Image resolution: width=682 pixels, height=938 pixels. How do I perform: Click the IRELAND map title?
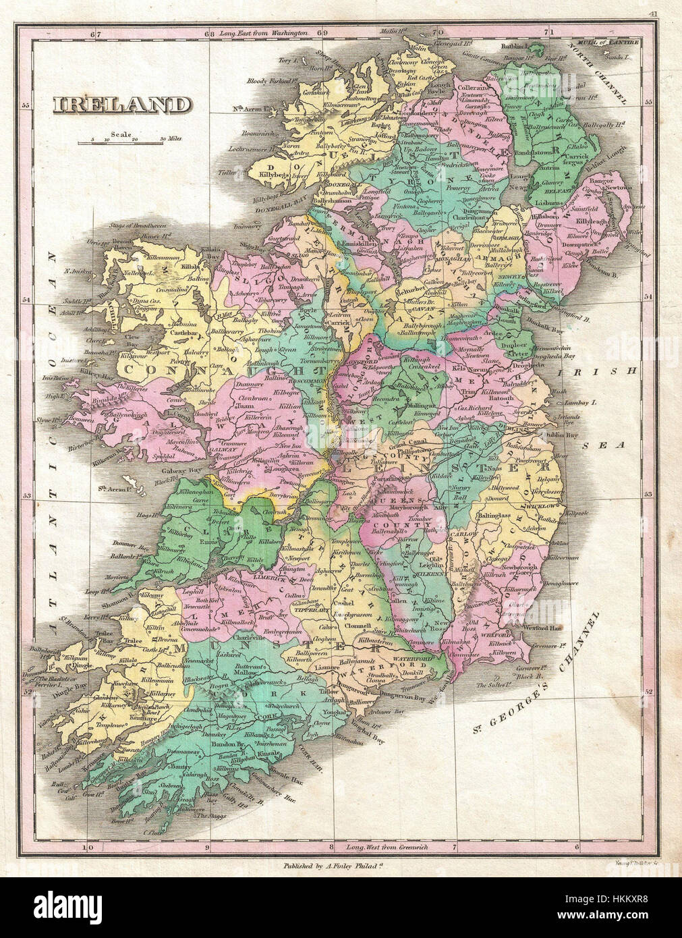point(121,105)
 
